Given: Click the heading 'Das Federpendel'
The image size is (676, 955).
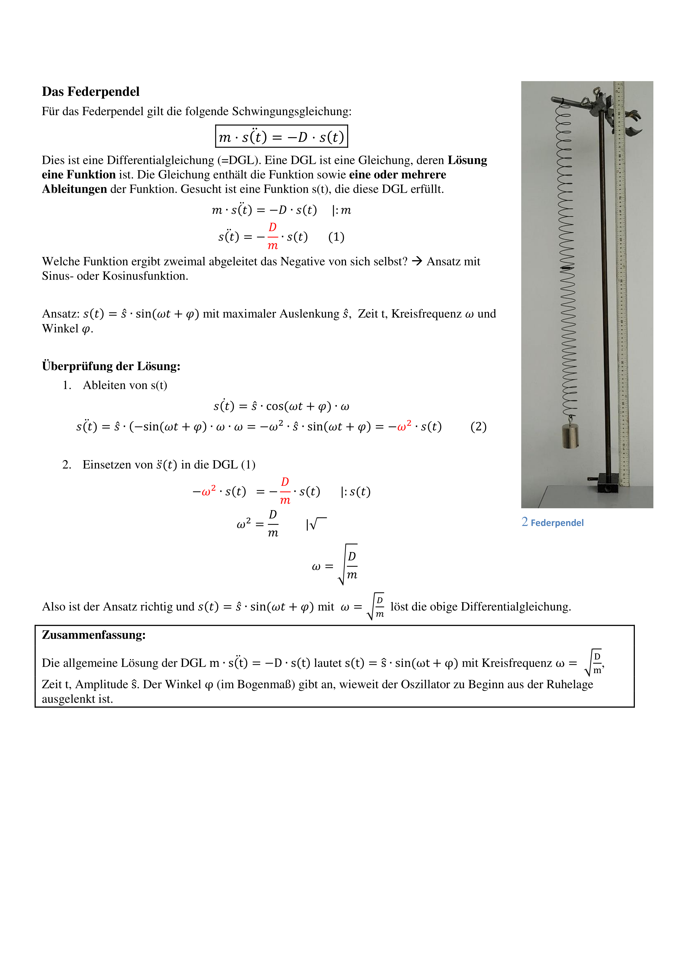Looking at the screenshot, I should pos(90,91).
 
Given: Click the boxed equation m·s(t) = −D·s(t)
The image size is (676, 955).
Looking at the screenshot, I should pos(281,136).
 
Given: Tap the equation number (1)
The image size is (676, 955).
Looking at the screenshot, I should pos(336,237).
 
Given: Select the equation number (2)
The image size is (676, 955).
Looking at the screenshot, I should pos(478,427).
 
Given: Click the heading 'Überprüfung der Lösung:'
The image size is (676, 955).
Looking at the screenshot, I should pos(111,366).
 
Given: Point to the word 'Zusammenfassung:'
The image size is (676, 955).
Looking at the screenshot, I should pos(94,635).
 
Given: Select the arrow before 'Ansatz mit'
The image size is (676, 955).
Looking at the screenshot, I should pos(417,261).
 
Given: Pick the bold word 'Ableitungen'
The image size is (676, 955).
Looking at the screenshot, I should pos(74,189).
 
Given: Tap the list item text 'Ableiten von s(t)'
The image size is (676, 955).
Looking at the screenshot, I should pos(125,385).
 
